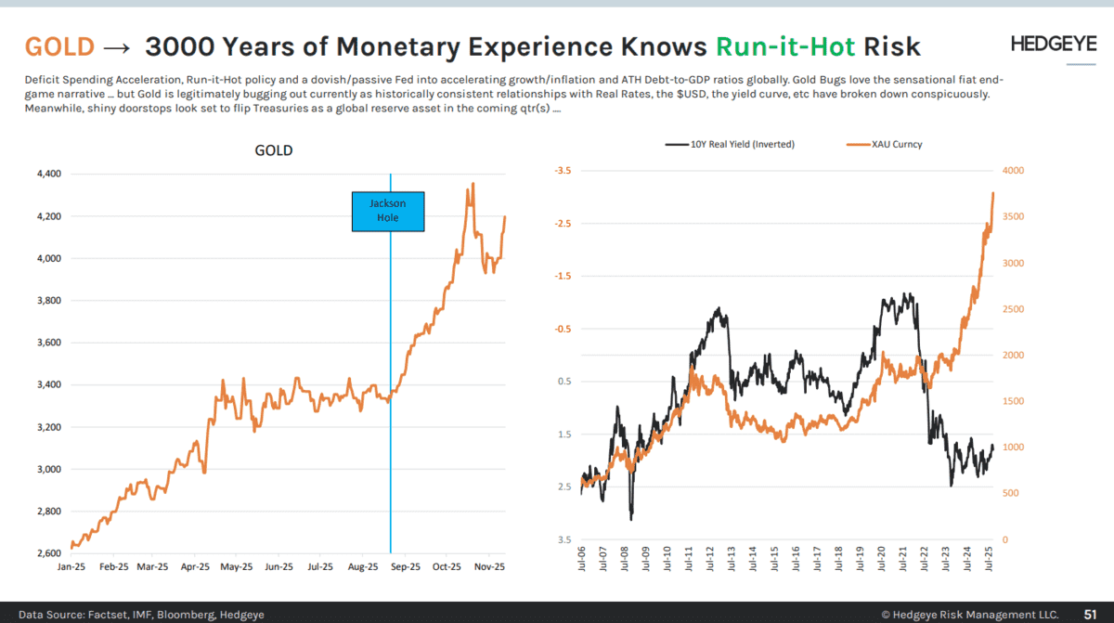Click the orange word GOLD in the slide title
click(x=59, y=46)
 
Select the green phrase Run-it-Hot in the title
click(x=785, y=46)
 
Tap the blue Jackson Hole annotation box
click(x=388, y=211)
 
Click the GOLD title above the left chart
click(x=273, y=150)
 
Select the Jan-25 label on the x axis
click(x=71, y=565)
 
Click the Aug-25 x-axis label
click(x=362, y=565)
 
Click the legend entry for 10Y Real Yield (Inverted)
click(x=730, y=144)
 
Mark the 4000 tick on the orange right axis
click(x=1013, y=171)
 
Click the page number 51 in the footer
click(x=1092, y=614)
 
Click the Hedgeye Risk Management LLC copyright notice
click(x=969, y=614)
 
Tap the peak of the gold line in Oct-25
click(x=473, y=184)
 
